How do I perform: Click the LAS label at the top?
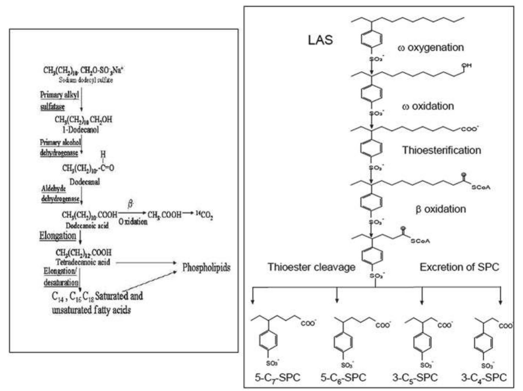point(320,40)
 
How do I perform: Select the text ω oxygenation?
point(430,47)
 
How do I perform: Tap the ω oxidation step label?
point(428,106)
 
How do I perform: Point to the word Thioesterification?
point(441,150)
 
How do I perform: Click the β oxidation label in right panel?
point(440,209)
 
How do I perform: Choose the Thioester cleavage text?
point(311,267)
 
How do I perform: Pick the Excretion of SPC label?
point(459,267)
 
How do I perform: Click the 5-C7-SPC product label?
point(277,378)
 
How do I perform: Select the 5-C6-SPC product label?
point(343,378)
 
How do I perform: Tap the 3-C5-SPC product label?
point(415,378)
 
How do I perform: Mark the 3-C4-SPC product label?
point(484,378)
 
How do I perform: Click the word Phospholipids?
point(206,267)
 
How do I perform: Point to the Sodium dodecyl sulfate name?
point(86,80)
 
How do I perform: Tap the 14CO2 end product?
point(204,215)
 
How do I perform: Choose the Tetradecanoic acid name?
point(83,262)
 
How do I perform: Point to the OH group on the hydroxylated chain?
point(466,66)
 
